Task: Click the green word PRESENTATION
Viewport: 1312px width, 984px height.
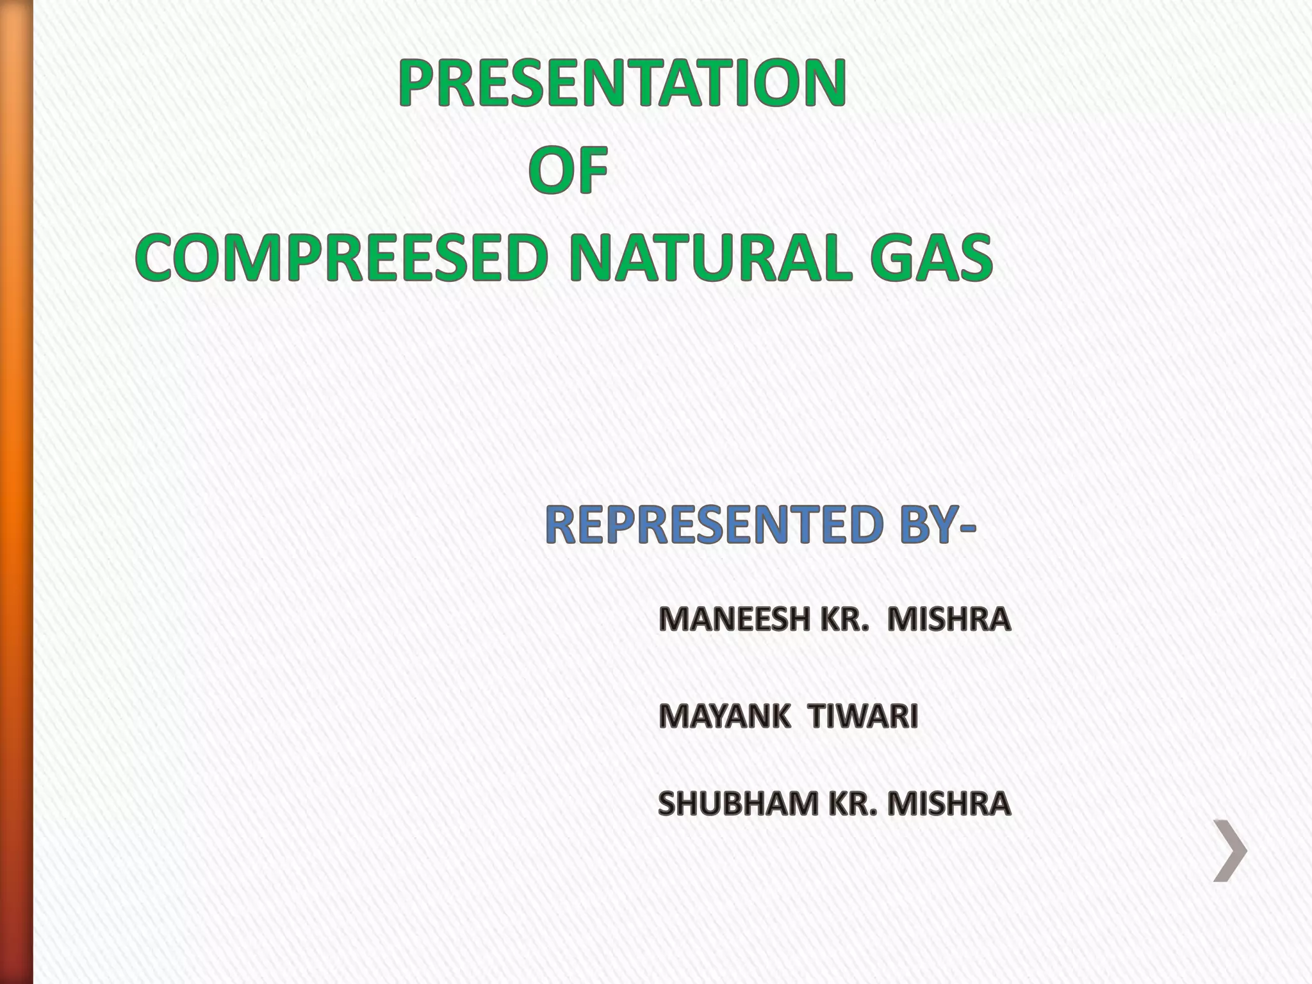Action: [x=622, y=83]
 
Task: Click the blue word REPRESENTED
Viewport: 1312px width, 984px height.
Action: [x=712, y=525]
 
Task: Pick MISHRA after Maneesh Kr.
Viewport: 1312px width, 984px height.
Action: [x=948, y=619]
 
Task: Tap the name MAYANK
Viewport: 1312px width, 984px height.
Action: [x=724, y=716]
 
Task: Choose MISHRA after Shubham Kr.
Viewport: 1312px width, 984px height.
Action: [x=947, y=804]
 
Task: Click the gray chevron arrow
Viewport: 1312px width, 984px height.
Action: [x=1231, y=851]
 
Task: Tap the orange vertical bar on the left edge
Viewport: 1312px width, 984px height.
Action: [x=16, y=492]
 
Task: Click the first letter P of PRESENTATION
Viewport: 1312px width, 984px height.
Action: [x=417, y=83]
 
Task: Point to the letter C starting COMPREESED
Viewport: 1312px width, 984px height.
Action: [x=158, y=258]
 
